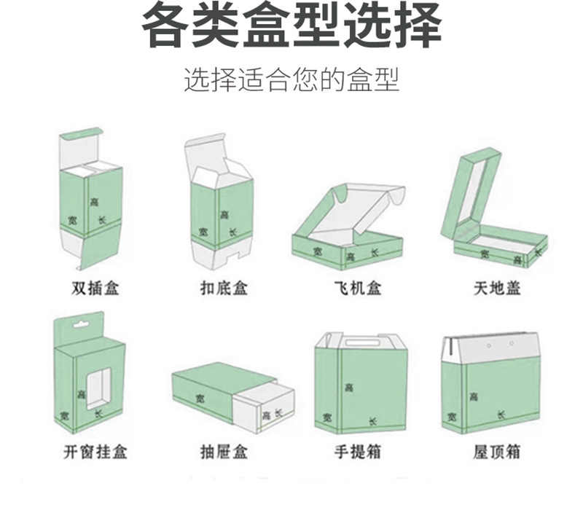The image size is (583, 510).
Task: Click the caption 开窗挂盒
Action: tap(95, 452)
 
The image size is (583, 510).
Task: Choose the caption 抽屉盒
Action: tap(224, 452)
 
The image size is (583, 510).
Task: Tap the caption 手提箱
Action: tap(357, 452)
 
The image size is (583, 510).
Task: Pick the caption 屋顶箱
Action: tap(498, 452)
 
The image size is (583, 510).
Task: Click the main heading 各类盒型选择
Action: tap(291, 27)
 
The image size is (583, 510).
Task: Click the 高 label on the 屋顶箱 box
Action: tap(474, 397)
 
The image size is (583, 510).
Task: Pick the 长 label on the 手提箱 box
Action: tap(372, 422)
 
